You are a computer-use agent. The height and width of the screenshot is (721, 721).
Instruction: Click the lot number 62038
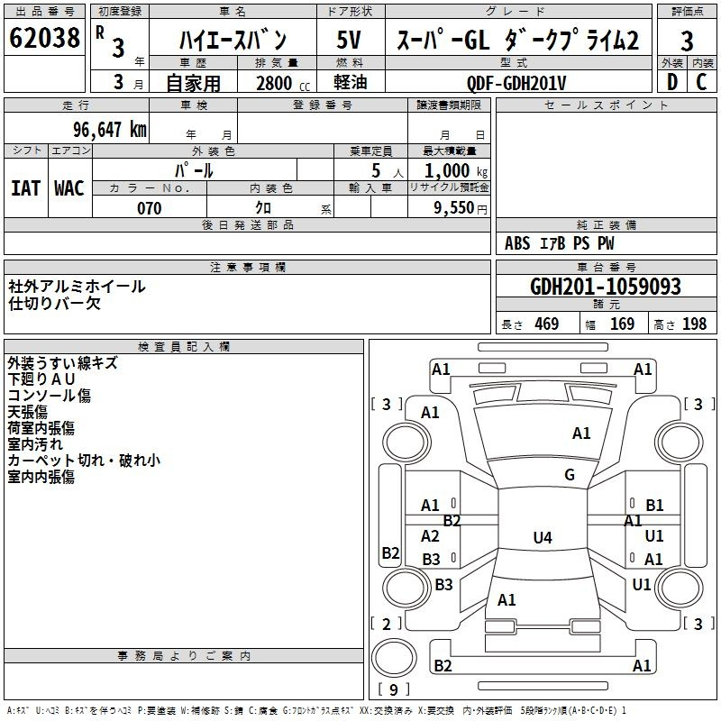(44, 38)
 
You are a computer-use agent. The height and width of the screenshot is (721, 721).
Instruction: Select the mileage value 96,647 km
(110, 130)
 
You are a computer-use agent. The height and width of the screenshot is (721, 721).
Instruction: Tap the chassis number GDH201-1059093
(606, 287)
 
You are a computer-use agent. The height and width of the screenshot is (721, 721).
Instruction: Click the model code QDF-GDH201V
(516, 83)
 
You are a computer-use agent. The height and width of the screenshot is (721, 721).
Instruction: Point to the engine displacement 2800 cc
(283, 83)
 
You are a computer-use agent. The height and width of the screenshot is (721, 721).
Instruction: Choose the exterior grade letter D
(672, 82)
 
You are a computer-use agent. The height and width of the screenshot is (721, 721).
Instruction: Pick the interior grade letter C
(701, 82)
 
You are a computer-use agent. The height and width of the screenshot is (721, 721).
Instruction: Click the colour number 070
(150, 208)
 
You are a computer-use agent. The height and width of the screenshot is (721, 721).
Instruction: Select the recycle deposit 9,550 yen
(461, 208)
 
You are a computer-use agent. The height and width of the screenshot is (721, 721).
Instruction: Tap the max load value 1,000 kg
(456, 170)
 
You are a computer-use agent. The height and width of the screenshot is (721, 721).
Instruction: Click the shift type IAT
(25, 188)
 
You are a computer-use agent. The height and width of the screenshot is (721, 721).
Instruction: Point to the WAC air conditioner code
(69, 188)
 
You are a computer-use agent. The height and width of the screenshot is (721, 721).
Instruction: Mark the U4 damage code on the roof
(543, 537)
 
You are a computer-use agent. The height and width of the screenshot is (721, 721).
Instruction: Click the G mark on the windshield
(570, 474)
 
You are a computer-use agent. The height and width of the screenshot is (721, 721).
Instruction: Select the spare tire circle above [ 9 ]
(394, 658)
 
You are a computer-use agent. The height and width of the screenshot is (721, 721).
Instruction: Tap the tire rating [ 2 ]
(387, 624)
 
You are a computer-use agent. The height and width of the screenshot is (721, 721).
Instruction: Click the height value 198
(694, 324)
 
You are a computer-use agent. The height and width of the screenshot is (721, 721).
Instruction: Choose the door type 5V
(349, 40)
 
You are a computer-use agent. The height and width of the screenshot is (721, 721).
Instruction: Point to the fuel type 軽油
(351, 82)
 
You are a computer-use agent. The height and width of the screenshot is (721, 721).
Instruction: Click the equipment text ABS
(517, 243)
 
